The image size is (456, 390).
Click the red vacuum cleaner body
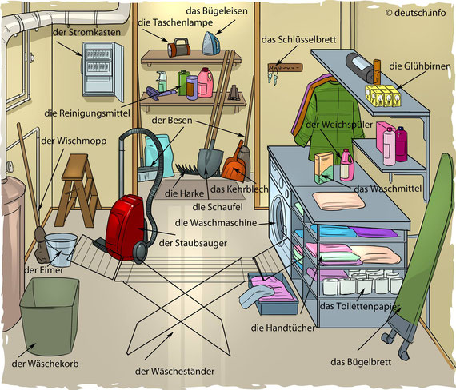[125, 227]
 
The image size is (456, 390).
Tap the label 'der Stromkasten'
[86, 32]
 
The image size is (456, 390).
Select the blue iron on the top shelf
[211, 43]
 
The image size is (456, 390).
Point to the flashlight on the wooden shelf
[178, 47]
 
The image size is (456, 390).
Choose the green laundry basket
[50, 316]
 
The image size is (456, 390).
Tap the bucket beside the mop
[61, 250]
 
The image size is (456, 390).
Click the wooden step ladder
[78, 190]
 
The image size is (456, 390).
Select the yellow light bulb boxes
[383, 96]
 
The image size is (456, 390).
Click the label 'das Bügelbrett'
[361, 362]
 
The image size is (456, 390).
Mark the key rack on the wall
[286, 68]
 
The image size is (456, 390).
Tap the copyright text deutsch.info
[415, 13]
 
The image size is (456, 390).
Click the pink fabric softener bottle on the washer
[347, 165]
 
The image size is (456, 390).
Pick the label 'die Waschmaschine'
[216, 223]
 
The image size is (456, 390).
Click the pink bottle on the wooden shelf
[205, 82]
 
